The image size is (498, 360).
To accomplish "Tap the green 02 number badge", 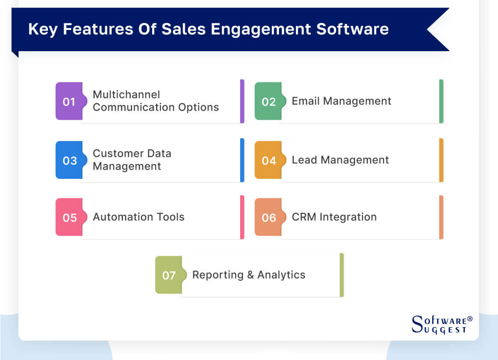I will [268, 101].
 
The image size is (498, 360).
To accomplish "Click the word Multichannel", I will [126, 94].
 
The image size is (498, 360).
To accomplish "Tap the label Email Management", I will [341, 101].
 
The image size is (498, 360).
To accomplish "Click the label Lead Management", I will [340, 160].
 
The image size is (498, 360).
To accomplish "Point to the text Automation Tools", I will [138, 217].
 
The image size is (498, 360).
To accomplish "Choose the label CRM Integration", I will [334, 217].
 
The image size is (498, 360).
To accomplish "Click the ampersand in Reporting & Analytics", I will [250, 275].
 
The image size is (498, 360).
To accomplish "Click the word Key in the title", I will [42, 29].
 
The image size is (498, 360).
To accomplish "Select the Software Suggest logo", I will [439, 324].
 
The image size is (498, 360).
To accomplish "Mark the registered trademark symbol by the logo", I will [470, 319].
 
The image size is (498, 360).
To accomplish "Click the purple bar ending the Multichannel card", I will [242, 101].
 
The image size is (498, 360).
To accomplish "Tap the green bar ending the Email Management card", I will [441, 101].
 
